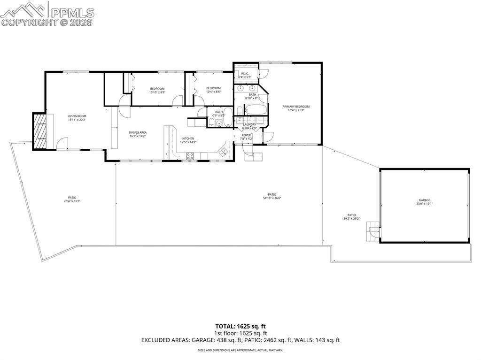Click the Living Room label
click(77, 116)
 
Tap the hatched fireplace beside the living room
click(40, 131)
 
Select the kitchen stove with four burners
click(190, 157)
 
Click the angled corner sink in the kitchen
click(223, 151)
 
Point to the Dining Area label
click(138, 133)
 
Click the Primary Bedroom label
click(296, 107)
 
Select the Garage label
click(424, 200)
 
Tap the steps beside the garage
click(372, 231)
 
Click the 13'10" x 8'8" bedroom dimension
click(157, 92)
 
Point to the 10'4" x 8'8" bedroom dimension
click(213, 92)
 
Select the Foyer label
click(246, 135)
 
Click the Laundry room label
click(249, 124)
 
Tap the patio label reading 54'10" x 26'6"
click(272, 198)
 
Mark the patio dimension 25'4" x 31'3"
click(72, 201)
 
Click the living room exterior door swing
click(62, 143)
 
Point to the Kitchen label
click(188, 138)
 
